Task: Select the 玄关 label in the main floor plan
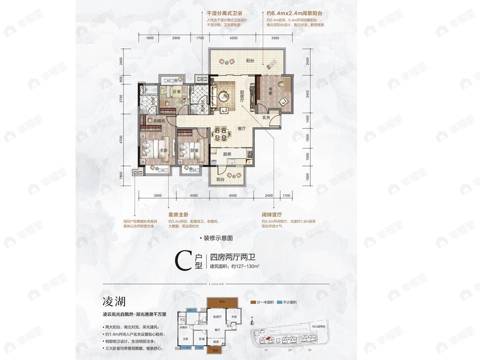tap(267, 117)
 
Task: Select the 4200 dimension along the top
tap(234, 38)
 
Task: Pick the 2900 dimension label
tap(176, 38)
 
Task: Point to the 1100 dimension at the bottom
tap(286, 196)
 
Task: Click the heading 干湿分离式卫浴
tap(222, 13)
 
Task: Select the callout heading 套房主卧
tap(179, 214)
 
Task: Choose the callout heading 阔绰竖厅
tap(272, 214)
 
